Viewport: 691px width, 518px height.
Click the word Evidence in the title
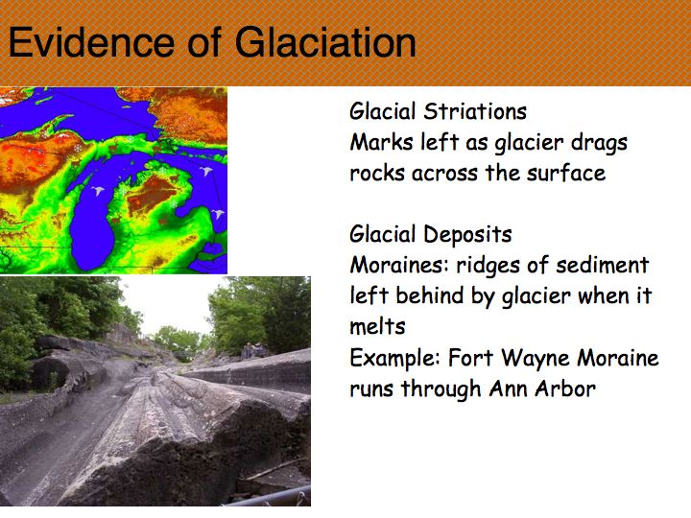[91, 42]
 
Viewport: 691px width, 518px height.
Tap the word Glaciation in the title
[325, 42]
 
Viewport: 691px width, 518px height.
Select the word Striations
[475, 111]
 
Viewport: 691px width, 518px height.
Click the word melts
[377, 327]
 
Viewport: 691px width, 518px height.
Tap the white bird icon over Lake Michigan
[98, 191]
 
